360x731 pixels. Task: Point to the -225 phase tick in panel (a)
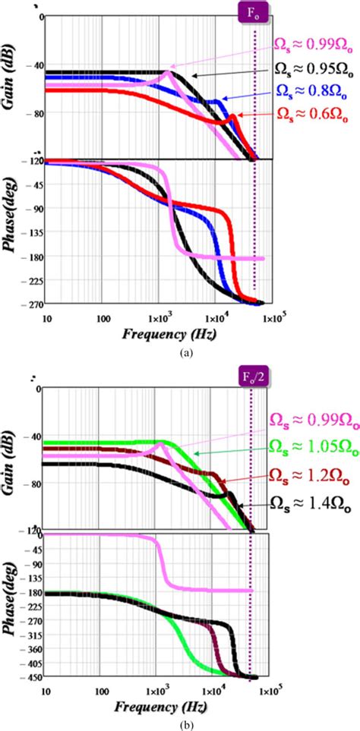(x=28, y=281)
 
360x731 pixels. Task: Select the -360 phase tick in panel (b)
(x=28, y=644)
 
